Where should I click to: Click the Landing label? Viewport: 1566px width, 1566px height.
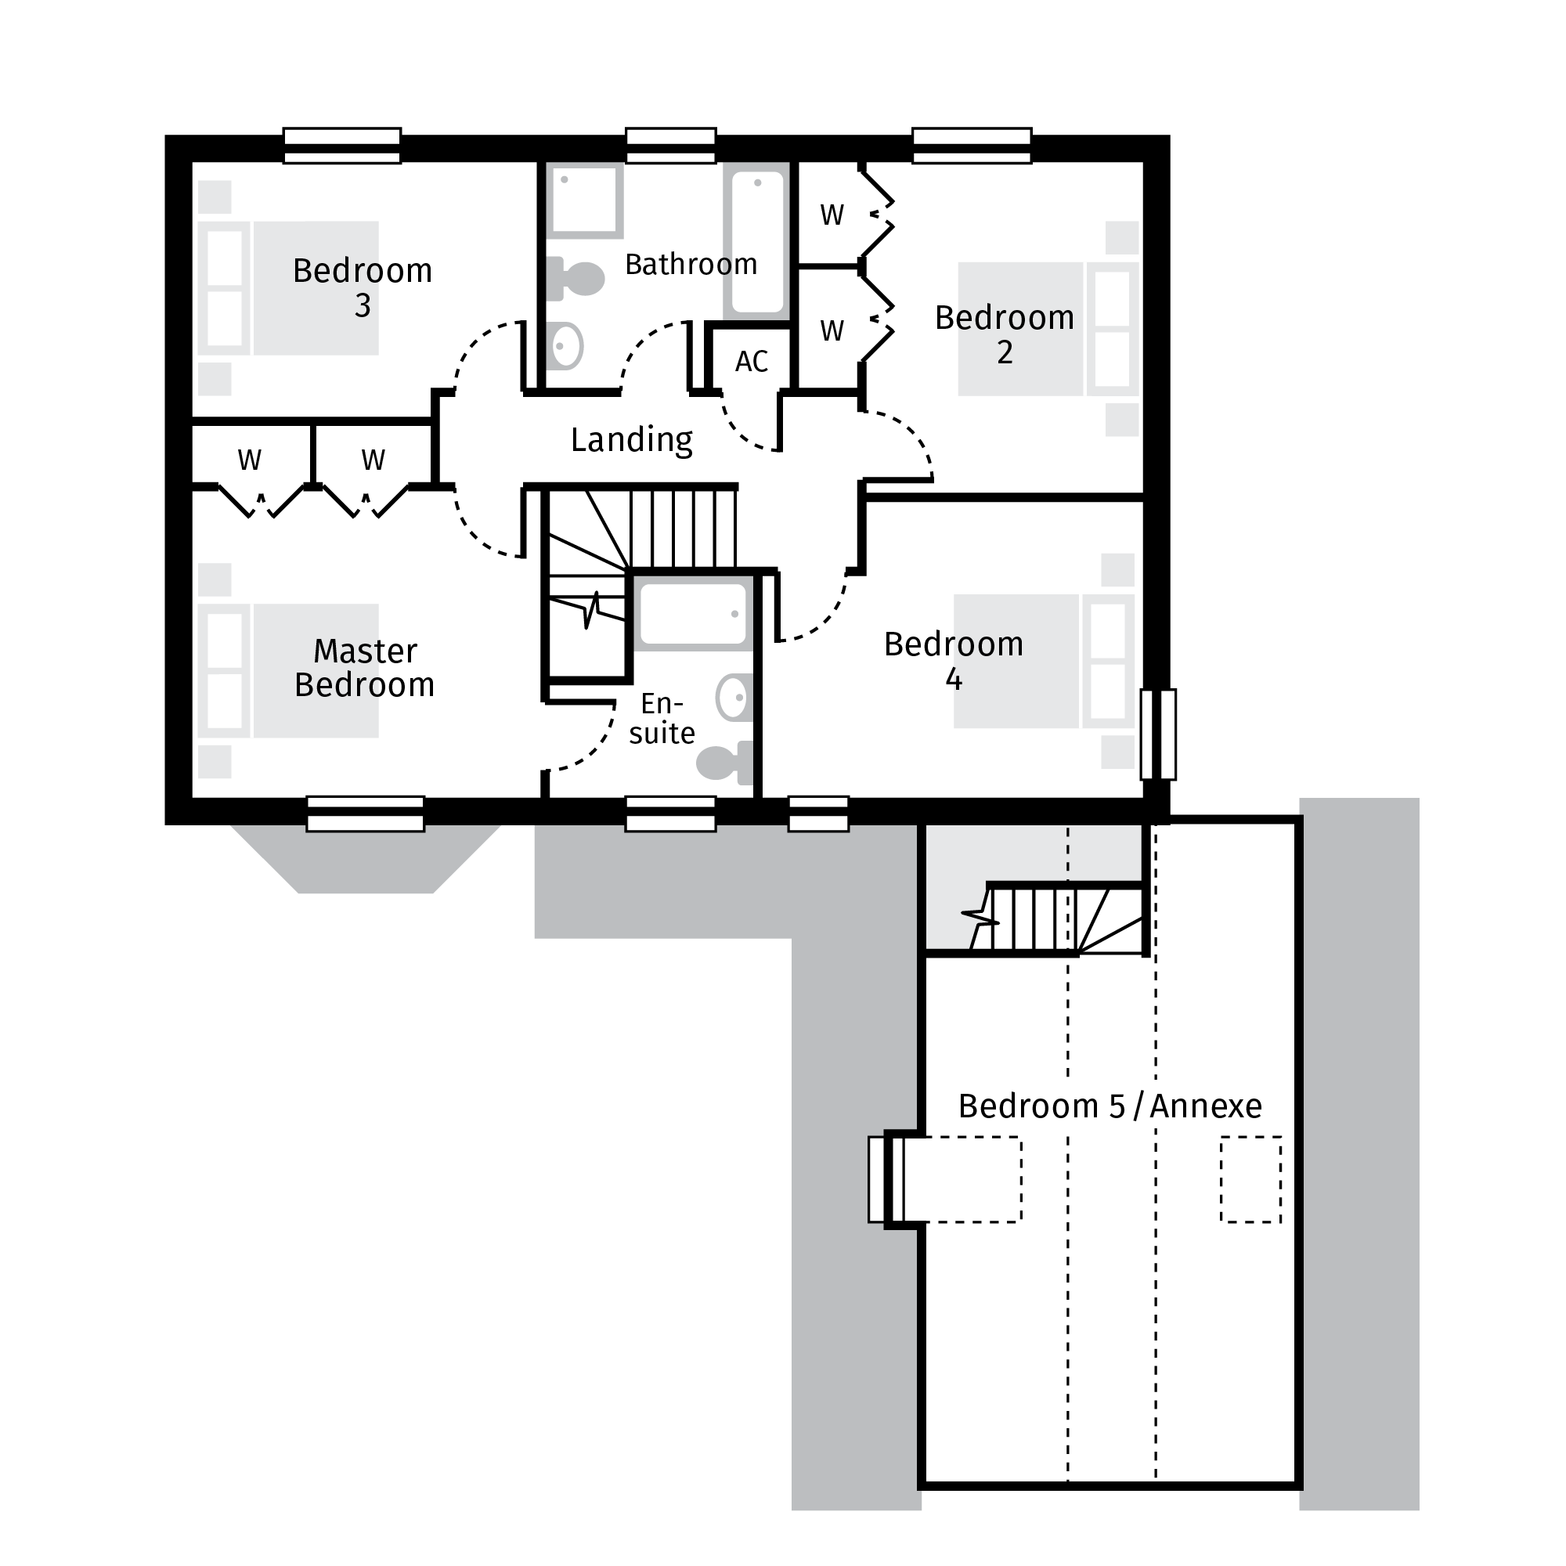point(631,440)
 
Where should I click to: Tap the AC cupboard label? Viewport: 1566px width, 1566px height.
point(751,362)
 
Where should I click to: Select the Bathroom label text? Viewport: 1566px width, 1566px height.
point(691,264)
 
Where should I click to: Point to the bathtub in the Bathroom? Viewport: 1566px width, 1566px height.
point(757,241)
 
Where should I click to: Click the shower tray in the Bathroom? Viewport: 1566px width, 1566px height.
point(584,200)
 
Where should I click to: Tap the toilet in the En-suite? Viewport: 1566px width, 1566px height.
point(723,762)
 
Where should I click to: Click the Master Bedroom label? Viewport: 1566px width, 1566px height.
point(364,668)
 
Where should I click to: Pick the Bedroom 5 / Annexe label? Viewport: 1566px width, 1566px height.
point(1109,1106)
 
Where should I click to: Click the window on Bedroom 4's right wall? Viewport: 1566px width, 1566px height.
point(1157,734)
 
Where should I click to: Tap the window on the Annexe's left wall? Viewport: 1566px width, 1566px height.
point(885,1179)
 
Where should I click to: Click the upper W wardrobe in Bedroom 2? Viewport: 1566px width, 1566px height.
point(832,215)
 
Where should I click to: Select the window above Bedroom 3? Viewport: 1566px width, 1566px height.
point(341,146)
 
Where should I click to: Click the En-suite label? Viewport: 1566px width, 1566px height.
point(662,717)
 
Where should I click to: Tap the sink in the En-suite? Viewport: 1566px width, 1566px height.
point(734,698)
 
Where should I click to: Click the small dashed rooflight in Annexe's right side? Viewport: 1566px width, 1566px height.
point(1250,1179)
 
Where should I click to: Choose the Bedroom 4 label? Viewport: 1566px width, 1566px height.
point(953,661)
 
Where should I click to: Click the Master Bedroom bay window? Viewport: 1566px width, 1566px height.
point(365,813)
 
